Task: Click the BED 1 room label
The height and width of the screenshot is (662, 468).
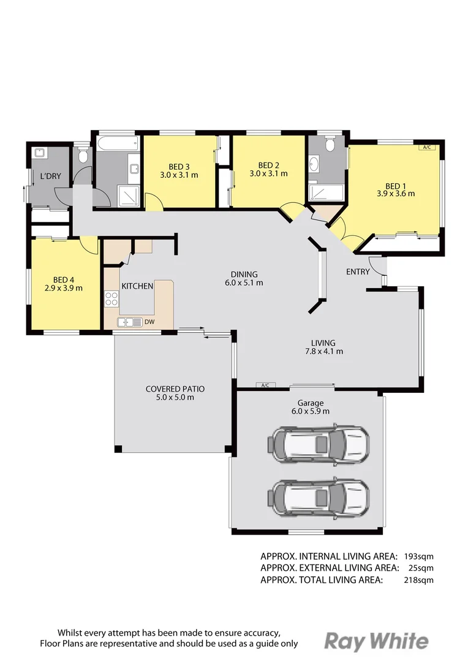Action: [x=395, y=186]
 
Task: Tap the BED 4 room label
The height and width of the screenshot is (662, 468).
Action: [x=64, y=279]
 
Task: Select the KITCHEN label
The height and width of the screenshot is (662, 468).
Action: [x=137, y=286]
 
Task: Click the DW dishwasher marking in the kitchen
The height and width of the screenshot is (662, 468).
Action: [x=150, y=322]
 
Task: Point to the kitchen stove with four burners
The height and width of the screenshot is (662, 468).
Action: [x=111, y=299]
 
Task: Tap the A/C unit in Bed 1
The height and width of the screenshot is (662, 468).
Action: [x=426, y=147]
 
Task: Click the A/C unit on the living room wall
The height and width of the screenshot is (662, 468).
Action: [x=265, y=386]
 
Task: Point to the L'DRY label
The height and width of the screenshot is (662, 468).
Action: [x=50, y=177]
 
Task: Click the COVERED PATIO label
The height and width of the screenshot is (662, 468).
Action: [x=175, y=389]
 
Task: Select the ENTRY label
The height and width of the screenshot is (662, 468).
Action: [x=358, y=272]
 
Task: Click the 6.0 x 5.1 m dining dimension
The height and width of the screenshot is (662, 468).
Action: [x=244, y=283]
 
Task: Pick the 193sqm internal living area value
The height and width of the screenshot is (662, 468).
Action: [x=418, y=557]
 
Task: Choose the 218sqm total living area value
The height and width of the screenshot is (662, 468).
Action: [x=418, y=580]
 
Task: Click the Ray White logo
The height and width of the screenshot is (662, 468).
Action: [x=376, y=641]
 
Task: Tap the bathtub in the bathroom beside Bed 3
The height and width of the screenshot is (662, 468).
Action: [x=116, y=144]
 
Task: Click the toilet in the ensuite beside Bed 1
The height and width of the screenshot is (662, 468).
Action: [x=330, y=145]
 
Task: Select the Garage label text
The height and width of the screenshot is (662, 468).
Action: [x=311, y=403]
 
